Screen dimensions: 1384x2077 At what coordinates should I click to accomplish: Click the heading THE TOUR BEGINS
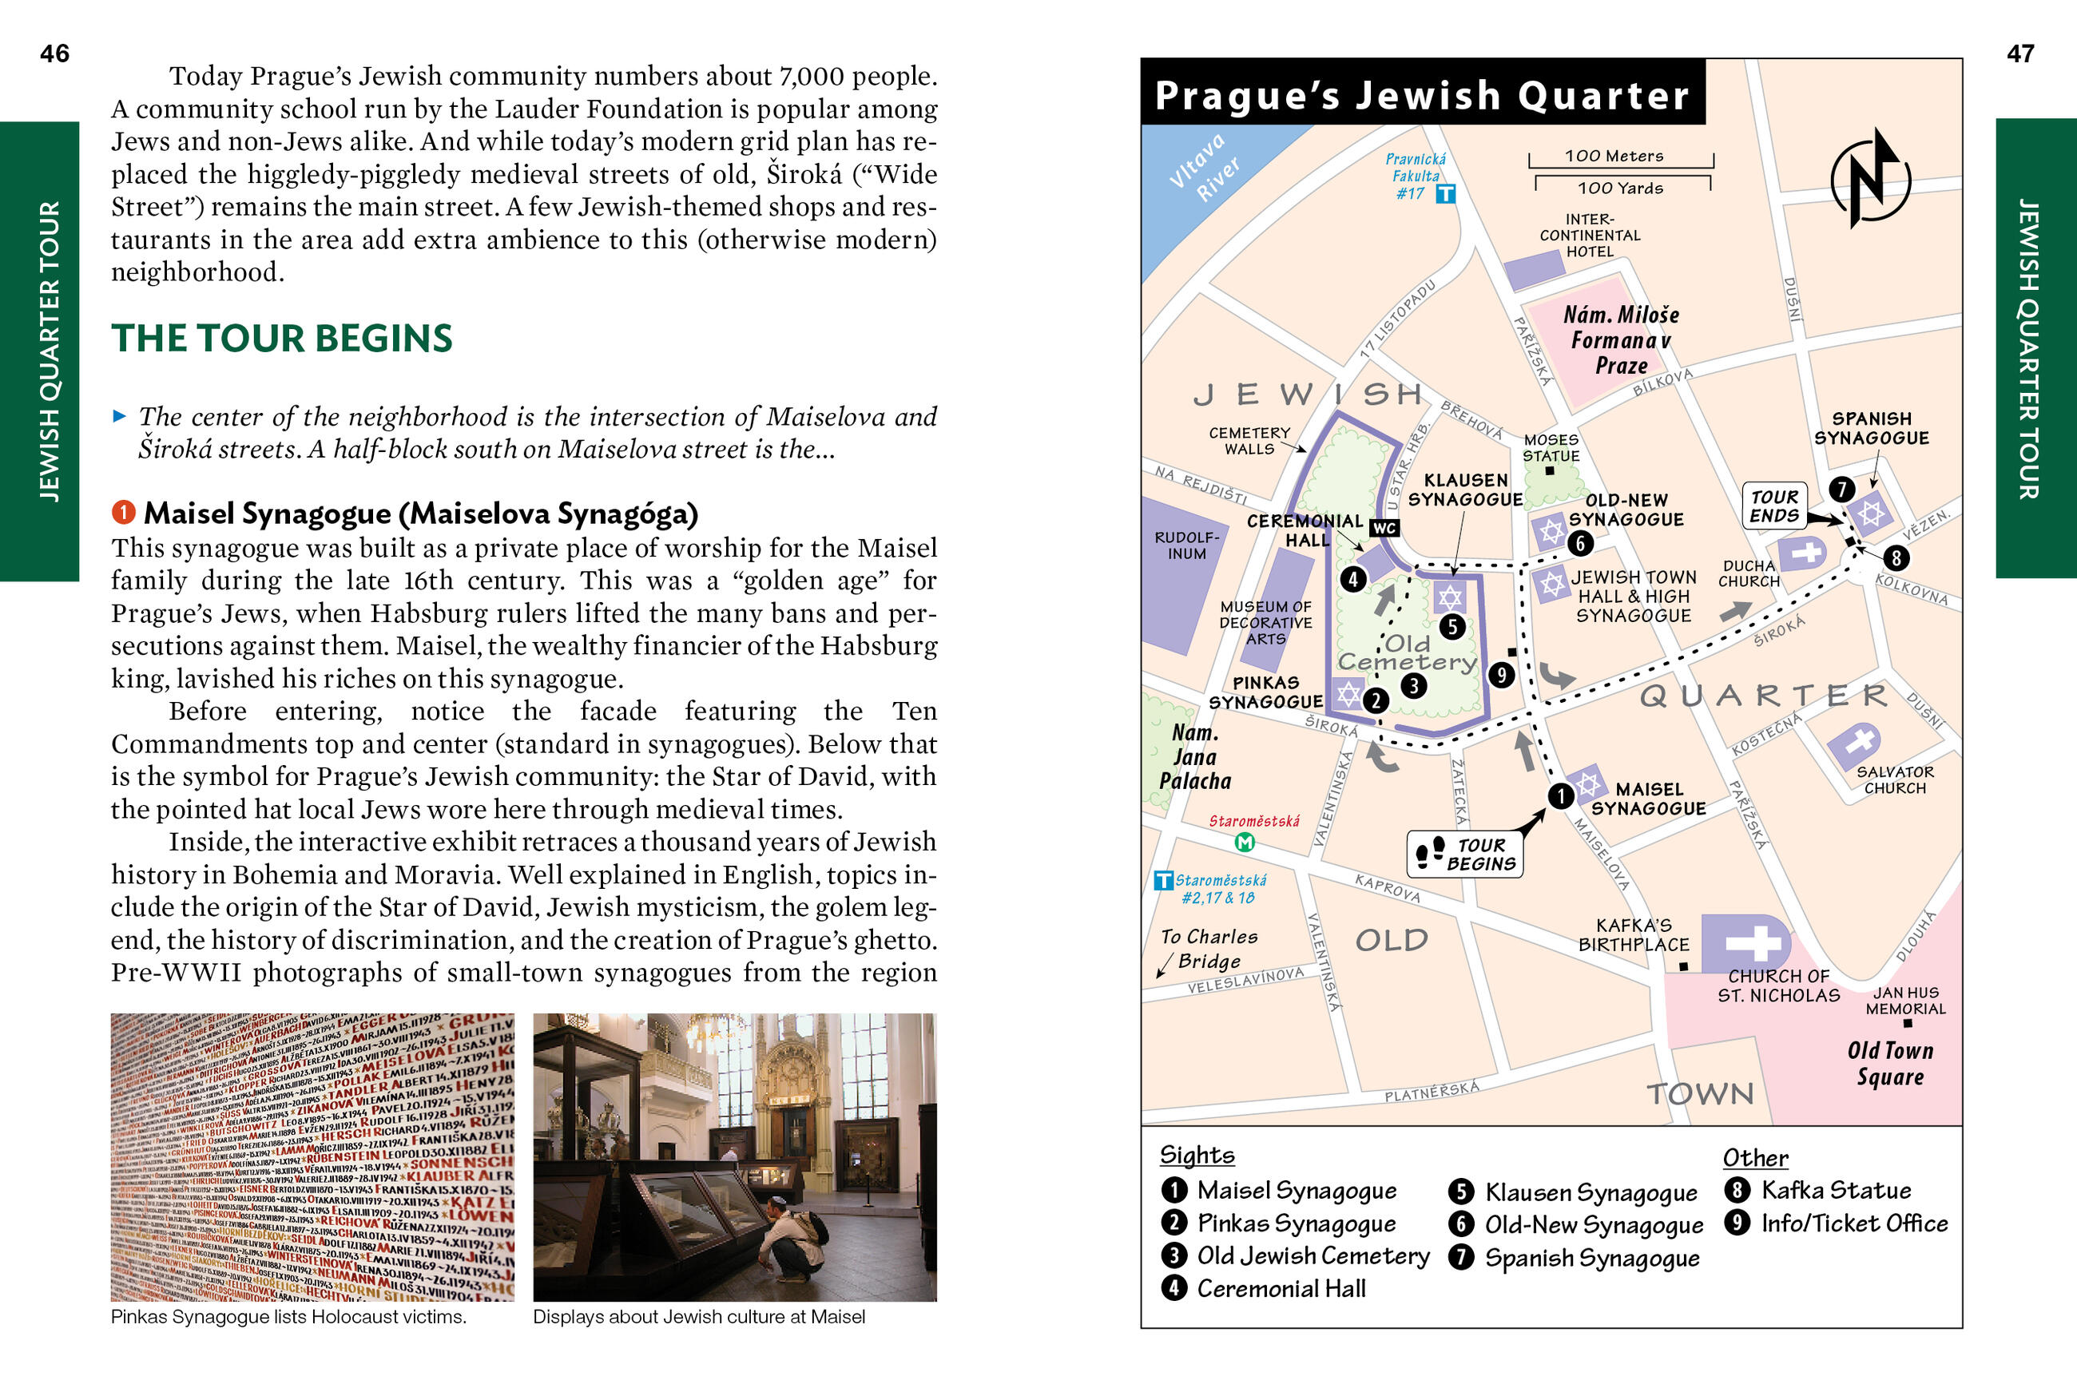(x=281, y=339)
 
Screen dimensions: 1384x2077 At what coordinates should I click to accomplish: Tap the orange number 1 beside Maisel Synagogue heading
(x=124, y=512)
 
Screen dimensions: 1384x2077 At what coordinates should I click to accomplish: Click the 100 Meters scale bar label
(x=1614, y=157)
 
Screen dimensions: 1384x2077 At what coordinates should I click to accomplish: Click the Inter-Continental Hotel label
(x=1590, y=236)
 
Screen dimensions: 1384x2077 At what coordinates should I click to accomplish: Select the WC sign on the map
(x=1383, y=528)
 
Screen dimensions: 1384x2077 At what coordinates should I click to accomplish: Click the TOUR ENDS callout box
(x=1774, y=506)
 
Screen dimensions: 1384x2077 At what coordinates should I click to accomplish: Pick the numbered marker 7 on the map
(x=1841, y=488)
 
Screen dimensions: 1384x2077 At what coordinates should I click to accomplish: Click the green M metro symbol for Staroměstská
(x=1245, y=842)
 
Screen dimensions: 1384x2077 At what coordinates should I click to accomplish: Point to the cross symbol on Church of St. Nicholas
(x=1753, y=942)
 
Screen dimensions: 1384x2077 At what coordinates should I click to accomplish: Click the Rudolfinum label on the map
(x=1186, y=545)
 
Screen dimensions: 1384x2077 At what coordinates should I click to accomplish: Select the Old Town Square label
(x=1890, y=1064)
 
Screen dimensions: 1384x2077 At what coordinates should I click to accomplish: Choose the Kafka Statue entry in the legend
(x=1835, y=1191)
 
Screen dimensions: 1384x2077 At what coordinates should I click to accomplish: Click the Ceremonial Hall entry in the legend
(x=1280, y=1289)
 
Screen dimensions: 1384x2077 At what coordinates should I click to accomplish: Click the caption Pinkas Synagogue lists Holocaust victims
(x=288, y=1317)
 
